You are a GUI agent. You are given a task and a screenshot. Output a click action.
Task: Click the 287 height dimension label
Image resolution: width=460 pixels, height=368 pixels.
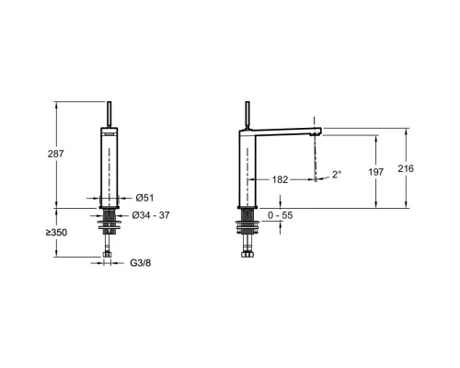[x=55, y=154]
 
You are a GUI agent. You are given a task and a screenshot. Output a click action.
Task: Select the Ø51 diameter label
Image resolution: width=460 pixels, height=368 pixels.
[x=144, y=198]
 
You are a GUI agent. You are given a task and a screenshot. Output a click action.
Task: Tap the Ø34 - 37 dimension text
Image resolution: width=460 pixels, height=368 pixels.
[x=151, y=215]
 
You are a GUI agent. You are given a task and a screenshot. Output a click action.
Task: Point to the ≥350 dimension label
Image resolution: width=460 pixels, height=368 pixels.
[x=56, y=233]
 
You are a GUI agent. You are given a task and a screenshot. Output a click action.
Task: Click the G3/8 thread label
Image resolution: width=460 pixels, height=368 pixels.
[x=141, y=263]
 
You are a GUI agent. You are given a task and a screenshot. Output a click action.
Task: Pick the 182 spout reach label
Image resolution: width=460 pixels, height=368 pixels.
[x=280, y=179]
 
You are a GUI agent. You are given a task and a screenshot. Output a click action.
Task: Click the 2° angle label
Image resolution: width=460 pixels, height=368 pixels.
[x=337, y=175]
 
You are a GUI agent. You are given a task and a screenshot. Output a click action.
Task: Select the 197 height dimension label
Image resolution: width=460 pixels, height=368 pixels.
[x=375, y=172]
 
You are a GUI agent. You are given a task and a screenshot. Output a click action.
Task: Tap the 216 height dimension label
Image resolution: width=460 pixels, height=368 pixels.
[x=406, y=168]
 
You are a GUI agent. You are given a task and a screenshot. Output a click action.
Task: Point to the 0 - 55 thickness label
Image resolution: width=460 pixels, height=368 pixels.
[x=281, y=215]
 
